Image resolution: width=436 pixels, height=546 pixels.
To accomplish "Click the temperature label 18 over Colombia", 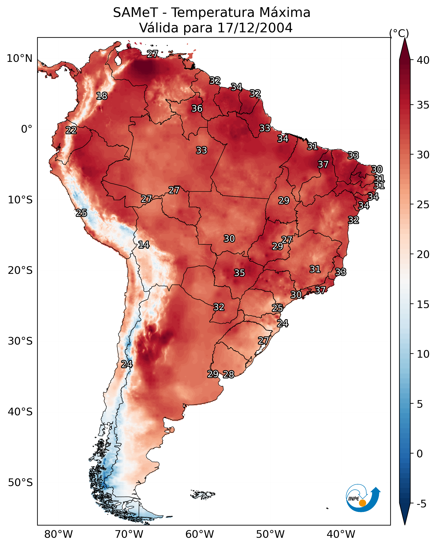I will coord(102,96).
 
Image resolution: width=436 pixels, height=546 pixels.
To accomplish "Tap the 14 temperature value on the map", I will coord(144,245).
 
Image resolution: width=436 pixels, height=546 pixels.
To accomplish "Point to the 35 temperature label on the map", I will coord(239,273).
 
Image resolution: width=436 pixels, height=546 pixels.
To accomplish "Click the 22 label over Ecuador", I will coord(71,130).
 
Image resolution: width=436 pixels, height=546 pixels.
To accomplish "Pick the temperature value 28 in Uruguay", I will coord(228,374).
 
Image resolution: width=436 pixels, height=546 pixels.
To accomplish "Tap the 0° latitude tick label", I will coord(27,129).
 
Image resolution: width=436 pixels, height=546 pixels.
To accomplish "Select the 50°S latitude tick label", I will coord(20,483).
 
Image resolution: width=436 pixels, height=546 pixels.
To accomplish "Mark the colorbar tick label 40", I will coord(423,60).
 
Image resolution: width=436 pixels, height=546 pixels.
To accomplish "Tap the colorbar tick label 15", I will coord(423,304).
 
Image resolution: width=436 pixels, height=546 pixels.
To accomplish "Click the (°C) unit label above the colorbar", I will coord(399,33).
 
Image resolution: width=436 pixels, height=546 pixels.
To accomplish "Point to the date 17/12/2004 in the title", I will coord(255,28).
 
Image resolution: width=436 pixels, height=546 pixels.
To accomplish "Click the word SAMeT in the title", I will coord(135,13).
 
